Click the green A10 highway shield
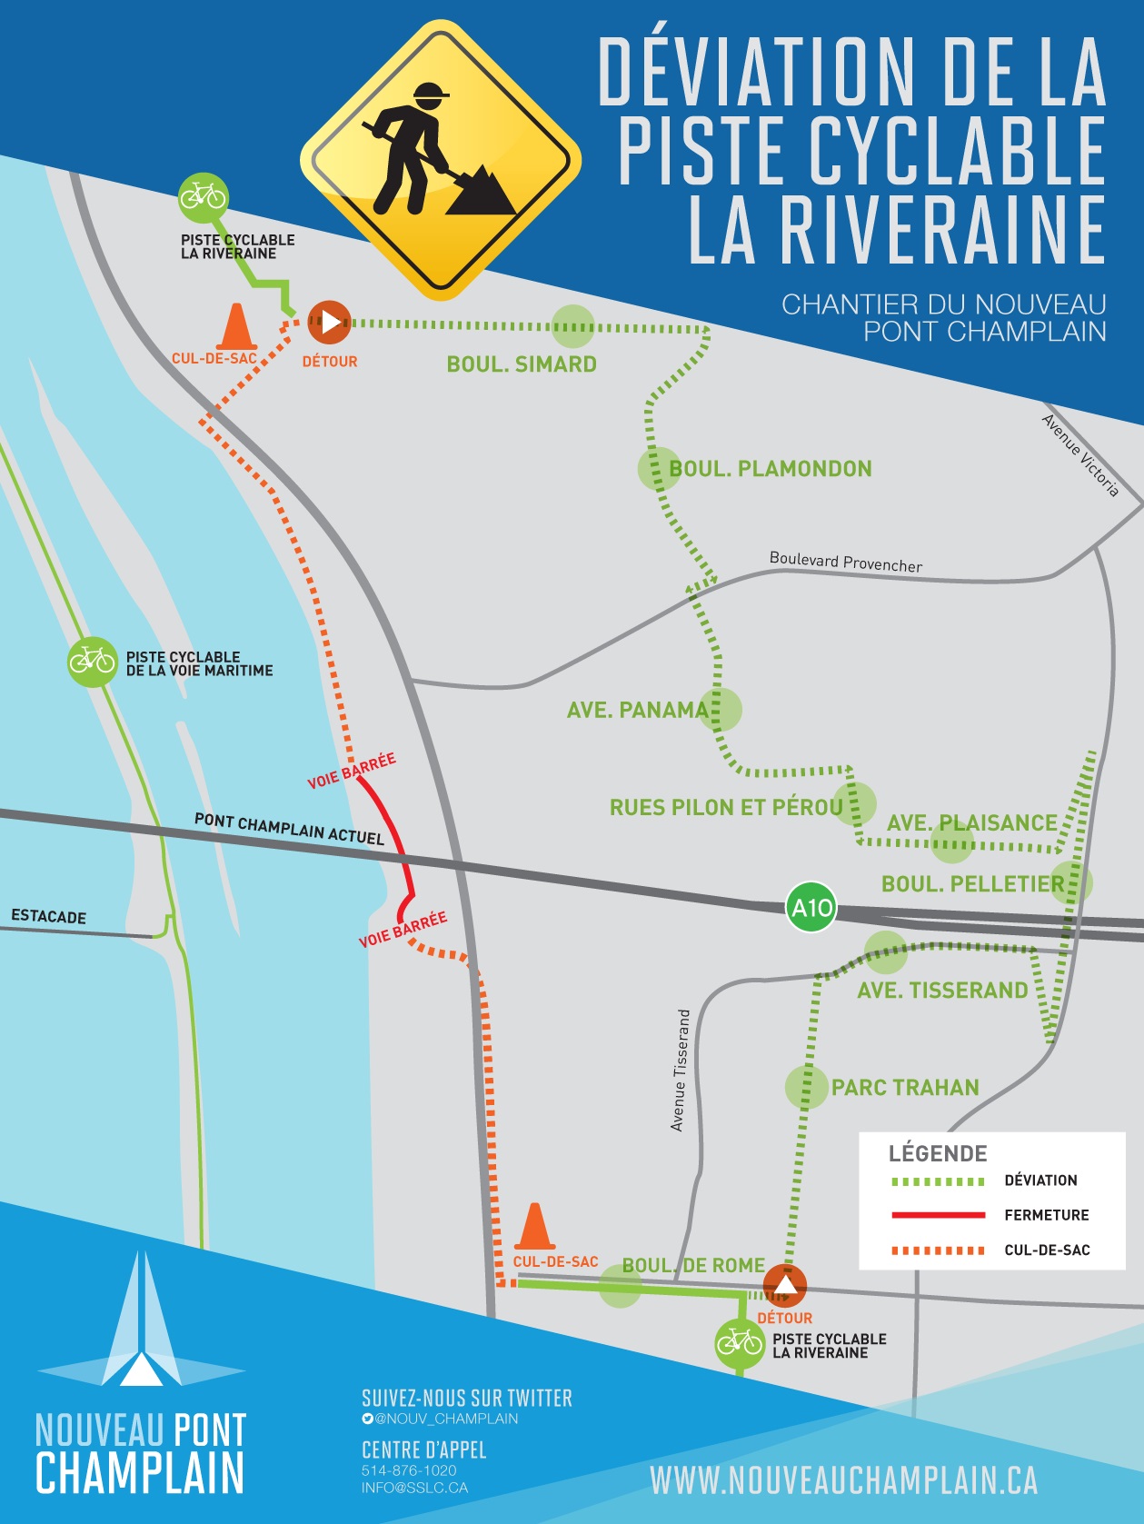(811, 907)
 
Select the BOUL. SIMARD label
(522, 364)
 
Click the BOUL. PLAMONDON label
(771, 469)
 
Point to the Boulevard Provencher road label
(845, 562)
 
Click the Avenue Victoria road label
(1079, 454)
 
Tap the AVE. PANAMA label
(637, 710)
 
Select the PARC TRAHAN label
(905, 1088)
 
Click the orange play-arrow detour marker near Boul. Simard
(329, 322)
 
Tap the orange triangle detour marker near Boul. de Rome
(785, 1285)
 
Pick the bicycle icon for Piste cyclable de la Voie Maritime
(93, 662)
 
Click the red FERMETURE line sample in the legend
(939, 1215)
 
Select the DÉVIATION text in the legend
(1040, 1180)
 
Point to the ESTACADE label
(49, 916)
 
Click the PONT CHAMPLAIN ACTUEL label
(289, 829)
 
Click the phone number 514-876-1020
(409, 1470)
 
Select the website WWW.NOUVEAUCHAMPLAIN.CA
(843, 1480)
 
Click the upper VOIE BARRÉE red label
(352, 772)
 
